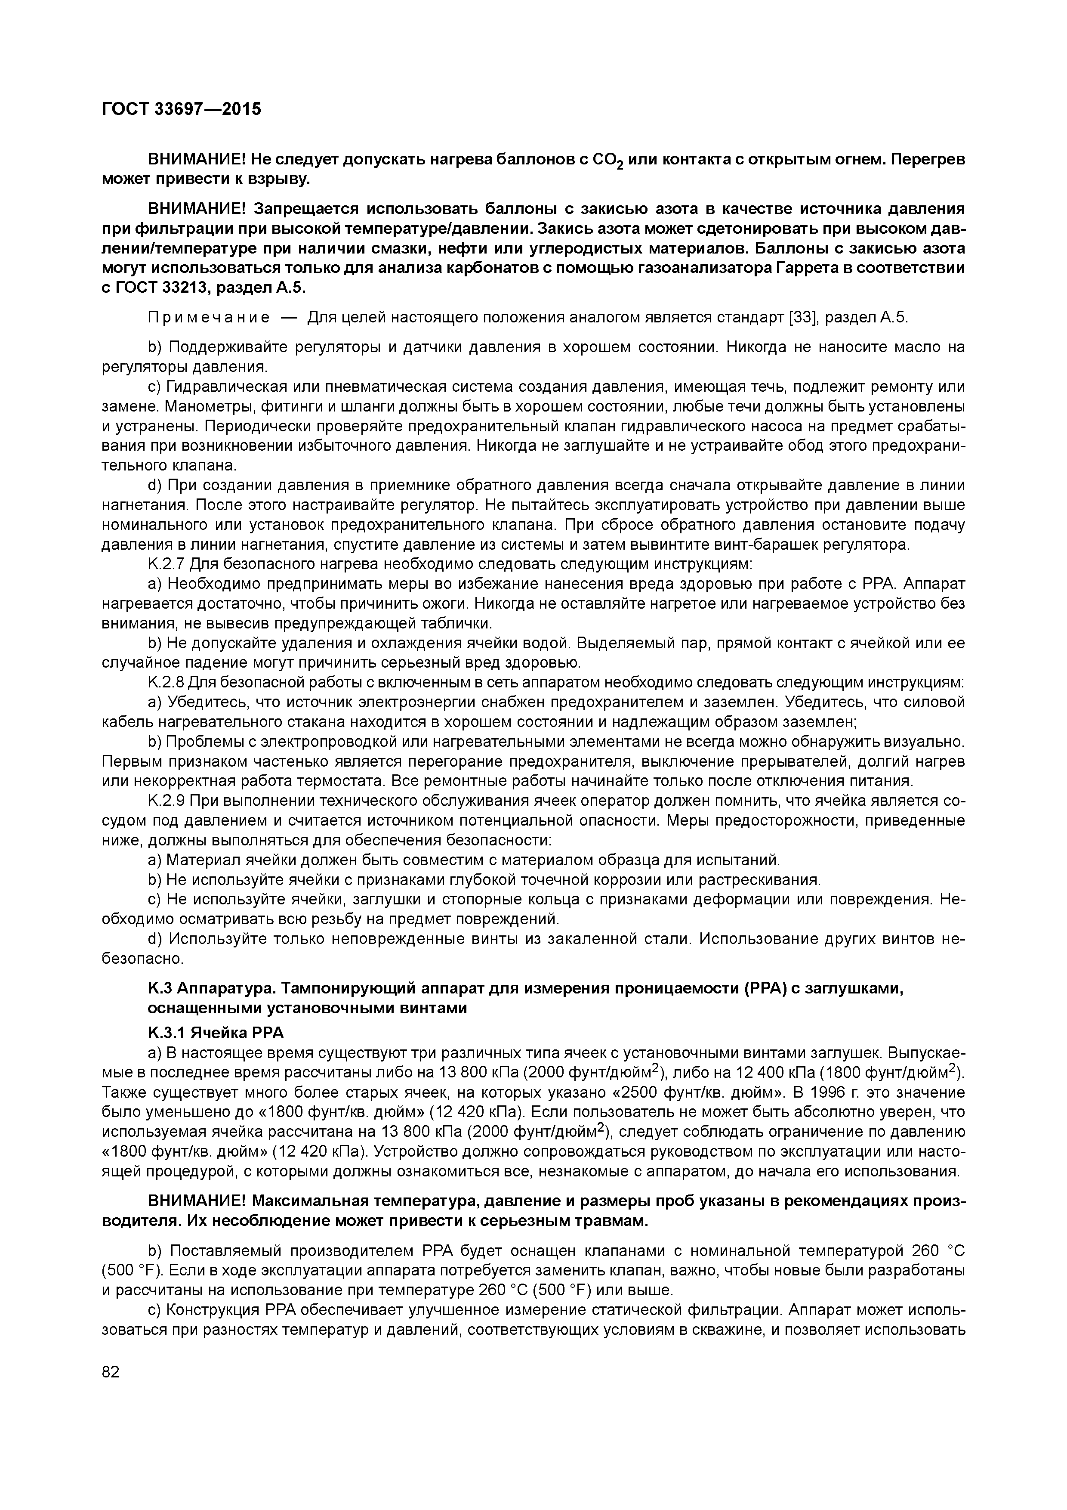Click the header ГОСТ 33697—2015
click(182, 108)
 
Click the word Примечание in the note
click(208, 318)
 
